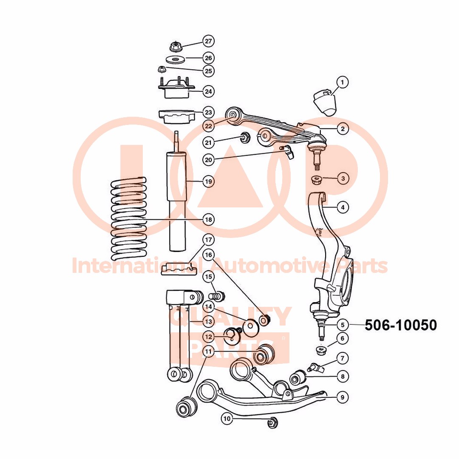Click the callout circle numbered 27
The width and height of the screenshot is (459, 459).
(x=208, y=41)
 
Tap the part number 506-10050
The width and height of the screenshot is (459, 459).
(x=400, y=325)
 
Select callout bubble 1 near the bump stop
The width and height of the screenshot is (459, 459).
(x=343, y=82)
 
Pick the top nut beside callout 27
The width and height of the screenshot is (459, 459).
(x=176, y=46)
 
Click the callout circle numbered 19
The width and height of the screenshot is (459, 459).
(x=208, y=181)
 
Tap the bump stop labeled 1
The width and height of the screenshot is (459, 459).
(x=326, y=102)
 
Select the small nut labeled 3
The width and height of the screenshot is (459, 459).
(x=316, y=179)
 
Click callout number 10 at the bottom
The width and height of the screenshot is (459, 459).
(x=227, y=419)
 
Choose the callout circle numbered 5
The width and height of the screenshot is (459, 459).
(x=343, y=325)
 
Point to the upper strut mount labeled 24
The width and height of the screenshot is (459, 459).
(x=175, y=89)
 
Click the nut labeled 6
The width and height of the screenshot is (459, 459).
(x=321, y=350)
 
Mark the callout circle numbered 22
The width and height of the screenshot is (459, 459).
(x=208, y=125)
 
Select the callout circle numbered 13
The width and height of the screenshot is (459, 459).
(x=208, y=321)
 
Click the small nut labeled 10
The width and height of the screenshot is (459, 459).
(x=272, y=423)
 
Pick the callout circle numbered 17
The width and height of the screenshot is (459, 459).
(x=208, y=240)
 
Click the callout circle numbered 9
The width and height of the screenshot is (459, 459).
(x=343, y=397)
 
